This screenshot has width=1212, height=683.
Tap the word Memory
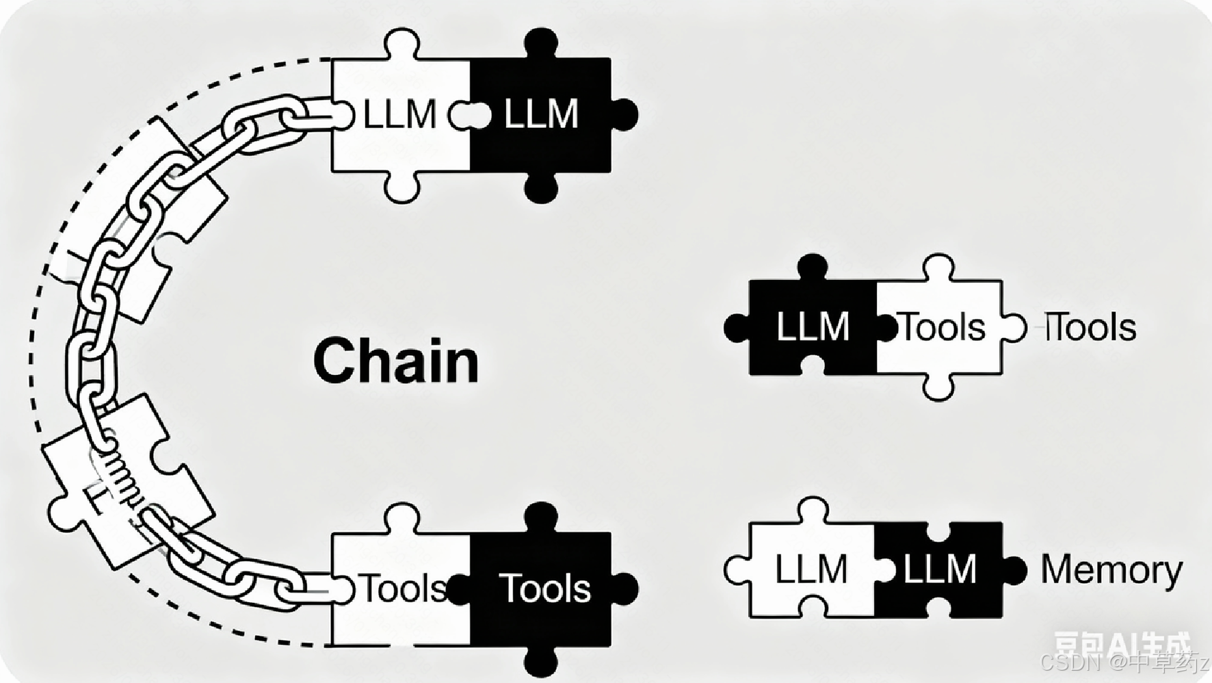point(1111,569)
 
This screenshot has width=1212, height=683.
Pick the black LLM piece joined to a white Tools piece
point(812,327)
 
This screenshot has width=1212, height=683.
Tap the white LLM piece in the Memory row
point(811,569)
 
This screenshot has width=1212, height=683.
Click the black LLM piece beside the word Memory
point(939,569)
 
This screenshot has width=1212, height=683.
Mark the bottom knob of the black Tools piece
point(540,662)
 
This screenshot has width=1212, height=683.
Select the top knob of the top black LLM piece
point(540,42)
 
